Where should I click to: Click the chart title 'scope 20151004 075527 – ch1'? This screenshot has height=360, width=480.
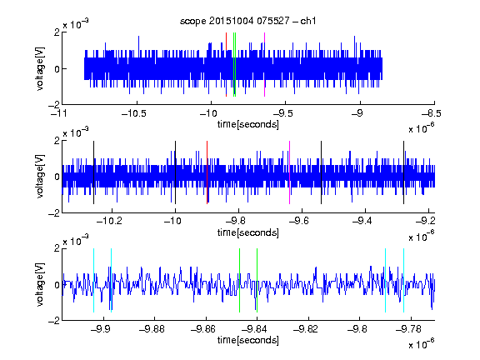(x=247, y=21)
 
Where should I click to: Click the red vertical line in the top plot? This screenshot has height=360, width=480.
(x=226, y=65)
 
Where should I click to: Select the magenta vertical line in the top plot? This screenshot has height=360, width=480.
(x=264, y=65)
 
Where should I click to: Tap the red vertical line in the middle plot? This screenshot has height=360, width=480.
(x=207, y=172)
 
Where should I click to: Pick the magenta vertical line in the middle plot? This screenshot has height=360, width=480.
(x=290, y=172)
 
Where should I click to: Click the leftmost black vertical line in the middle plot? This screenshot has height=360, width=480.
(x=93, y=172)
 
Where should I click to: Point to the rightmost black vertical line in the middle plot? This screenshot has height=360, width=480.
(x=404, y=172)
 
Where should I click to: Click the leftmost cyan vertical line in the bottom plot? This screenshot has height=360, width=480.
(x=93, y=280)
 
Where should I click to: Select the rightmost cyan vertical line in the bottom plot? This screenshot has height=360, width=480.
(x=404, y=280)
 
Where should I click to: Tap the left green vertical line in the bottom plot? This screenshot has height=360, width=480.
(x=240, y=280)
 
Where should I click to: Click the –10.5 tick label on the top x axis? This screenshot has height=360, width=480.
(x=134, y=113)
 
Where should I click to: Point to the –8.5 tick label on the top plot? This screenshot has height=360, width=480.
(x=431, y=113)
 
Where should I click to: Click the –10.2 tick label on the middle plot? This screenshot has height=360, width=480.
(x=109, y=220)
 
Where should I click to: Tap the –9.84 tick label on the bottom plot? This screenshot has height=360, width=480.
(x=254, y=329)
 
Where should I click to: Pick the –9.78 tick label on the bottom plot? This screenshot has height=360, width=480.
(x=408, y=329)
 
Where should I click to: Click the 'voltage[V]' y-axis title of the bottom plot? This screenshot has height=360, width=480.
(x=40, y=285)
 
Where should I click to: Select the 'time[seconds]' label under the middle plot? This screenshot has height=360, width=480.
(x=248, y=232)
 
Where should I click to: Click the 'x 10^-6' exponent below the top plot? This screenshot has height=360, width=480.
(x=422, y=127)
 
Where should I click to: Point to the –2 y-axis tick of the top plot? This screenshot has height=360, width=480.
(x=54, y=105)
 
